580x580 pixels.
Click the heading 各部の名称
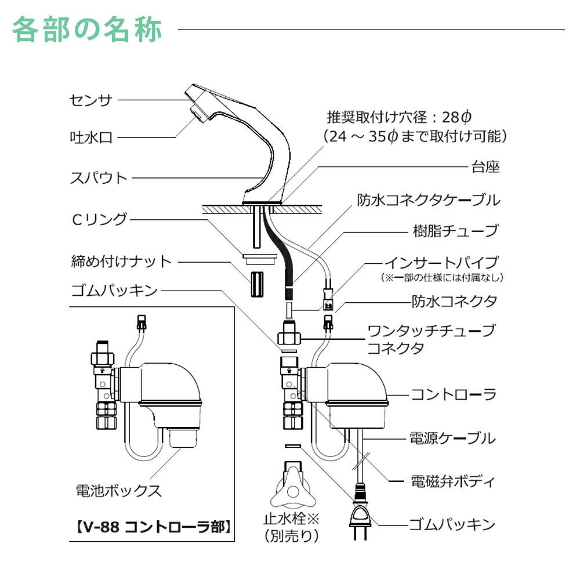coord(87,30)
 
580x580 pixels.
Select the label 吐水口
coord(91,138)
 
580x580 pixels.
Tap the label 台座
coord(484,168)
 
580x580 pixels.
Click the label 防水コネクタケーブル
coord(428,201)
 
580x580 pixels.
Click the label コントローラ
coord(454,395)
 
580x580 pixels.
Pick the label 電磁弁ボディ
coord(453,481)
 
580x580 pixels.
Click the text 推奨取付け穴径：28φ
coord(398,118)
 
